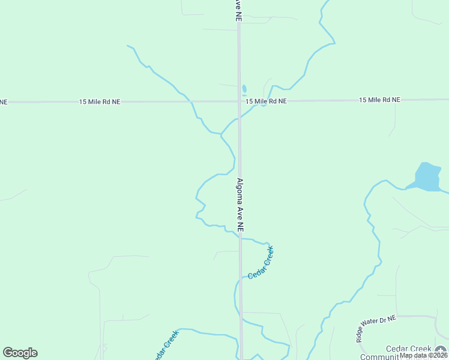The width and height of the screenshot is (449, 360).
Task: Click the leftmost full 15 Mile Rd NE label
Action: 100,102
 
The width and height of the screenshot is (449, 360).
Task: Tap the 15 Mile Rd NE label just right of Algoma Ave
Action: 266,101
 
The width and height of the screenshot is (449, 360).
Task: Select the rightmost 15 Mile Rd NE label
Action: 379,100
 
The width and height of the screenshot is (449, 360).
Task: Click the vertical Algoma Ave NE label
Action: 240,205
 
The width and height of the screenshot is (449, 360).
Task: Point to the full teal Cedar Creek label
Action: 261,262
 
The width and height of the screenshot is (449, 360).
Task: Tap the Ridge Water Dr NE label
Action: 375,329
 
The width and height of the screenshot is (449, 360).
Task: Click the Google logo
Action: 20,353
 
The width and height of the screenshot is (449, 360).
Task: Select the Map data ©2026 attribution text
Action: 424,355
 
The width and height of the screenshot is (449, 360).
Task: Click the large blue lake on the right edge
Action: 428,177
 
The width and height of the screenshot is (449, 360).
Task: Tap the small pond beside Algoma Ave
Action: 244,90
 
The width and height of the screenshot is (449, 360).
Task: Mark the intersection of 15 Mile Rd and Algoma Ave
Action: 239,101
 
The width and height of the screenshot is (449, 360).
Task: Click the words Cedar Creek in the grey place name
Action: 409,349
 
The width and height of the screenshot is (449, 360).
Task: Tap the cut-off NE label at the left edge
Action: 4,102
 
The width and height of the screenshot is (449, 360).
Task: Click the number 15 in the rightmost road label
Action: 363,100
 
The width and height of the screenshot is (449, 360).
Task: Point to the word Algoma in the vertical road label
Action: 240,193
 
